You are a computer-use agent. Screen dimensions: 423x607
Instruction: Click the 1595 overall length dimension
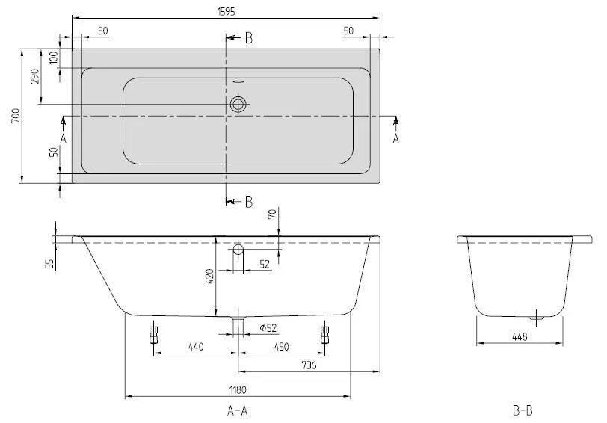pyautogui.click(x=226, y=6)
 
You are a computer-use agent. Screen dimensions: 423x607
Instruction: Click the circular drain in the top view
pyautogui.click(x=238, y=105)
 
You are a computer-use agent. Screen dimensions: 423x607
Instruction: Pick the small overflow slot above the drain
pyautogui.click(x=238, y=81)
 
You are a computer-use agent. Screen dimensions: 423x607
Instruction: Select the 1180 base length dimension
pyautogui.click(x=238, y=389)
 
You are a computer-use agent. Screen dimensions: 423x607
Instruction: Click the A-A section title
pyautogui.click(x=238, y=410)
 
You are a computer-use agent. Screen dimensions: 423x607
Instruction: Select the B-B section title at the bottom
pyautogui.click(x=523, y=410)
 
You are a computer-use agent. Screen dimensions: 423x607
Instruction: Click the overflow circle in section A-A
pyautogui.click(x=238, y=249)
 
